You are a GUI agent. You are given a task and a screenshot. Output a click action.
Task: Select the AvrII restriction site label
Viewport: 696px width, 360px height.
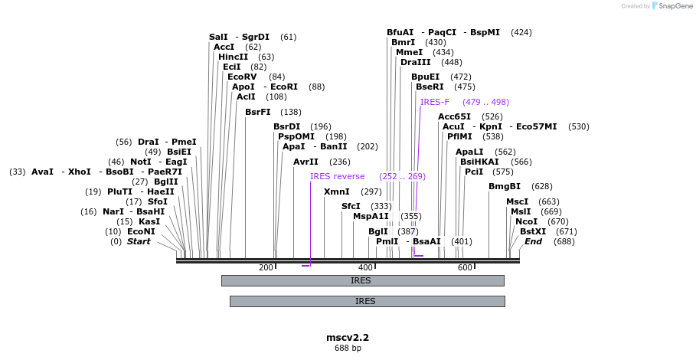pos(306,162)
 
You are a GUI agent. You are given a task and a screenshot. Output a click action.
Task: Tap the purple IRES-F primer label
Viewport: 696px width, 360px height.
pos(434,102)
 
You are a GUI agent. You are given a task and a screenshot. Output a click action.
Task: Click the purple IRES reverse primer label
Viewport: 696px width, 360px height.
pos(337,176)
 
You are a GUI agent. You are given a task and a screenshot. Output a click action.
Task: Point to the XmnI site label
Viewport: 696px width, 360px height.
pos(336,191)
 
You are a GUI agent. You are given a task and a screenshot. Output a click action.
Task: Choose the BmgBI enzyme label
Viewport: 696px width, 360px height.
pos(504,186)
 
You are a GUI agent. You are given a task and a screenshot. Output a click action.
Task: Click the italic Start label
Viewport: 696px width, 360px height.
pos(139,241)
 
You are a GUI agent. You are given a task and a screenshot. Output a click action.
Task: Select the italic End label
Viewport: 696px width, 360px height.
pos(533,241)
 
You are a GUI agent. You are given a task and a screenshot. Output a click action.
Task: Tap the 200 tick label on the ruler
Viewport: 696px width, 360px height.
pos(266,267)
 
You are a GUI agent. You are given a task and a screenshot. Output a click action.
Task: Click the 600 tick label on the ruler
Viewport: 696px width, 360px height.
pos(465,267)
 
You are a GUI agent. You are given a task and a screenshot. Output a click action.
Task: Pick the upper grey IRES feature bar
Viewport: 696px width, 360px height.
pos(362,280)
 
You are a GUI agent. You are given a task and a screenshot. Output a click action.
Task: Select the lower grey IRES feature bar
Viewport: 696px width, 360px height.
pos(367,301)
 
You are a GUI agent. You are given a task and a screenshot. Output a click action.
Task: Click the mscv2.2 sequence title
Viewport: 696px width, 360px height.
pos(348,337)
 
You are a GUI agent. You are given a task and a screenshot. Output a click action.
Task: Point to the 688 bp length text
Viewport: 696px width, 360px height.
pos(348,349)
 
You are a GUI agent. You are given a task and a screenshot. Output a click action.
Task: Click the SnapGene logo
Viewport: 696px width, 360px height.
pos(672,6)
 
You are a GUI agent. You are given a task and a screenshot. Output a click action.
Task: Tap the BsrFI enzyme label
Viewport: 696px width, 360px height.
pos(257,112)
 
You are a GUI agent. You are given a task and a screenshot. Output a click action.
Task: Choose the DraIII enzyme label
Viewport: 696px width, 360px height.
pos(415,62)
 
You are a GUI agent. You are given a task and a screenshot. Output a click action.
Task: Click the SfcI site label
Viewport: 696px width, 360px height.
pos(351,206)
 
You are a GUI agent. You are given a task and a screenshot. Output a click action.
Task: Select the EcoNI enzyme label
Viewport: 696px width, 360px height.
pos(141,231)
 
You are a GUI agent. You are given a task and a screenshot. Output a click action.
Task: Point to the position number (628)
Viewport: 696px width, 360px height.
pos(541,186)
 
